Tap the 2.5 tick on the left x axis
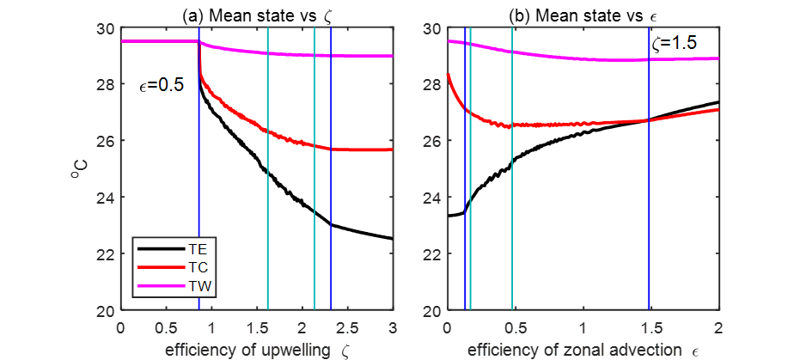tap(346, 326)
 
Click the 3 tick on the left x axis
tap(393, 326)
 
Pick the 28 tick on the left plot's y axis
tap(102, 84)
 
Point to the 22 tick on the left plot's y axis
tap(102, 253)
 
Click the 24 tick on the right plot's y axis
tap(429, 197)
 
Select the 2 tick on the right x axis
tap(719, 326)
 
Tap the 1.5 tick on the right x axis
tap(651, 326)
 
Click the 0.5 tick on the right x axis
tap(515, 326)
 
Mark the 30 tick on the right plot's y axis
tap(429, 27)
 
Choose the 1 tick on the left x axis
tap(211, 326)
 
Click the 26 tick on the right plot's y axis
tap(429, 140)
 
